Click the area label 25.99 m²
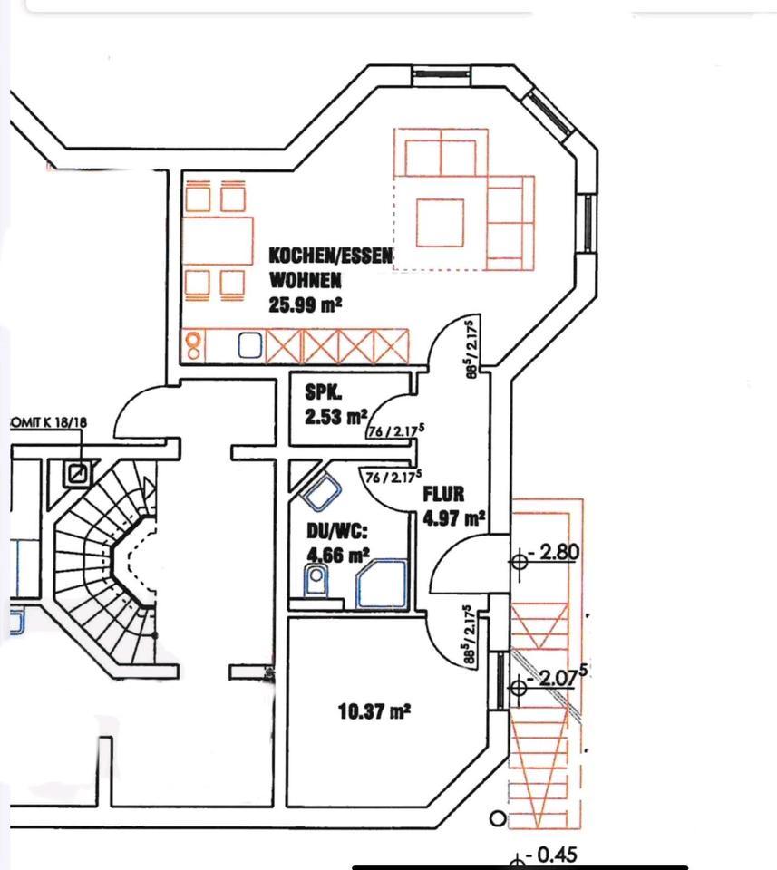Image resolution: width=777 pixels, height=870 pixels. tap(305, 304)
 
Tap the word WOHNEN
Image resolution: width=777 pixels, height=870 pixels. tap(305, 280)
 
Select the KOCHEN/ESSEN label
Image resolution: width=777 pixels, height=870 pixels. tap(331, 256)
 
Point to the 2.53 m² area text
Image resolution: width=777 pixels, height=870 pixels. tap(335, 418)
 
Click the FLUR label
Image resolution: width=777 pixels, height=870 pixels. tap(443, 494)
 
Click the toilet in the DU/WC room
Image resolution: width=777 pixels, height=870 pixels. tap(315, 581)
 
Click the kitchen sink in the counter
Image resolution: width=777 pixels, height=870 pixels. tap(251, 343)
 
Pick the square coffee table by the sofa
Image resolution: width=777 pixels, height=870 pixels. tap(440, 222)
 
